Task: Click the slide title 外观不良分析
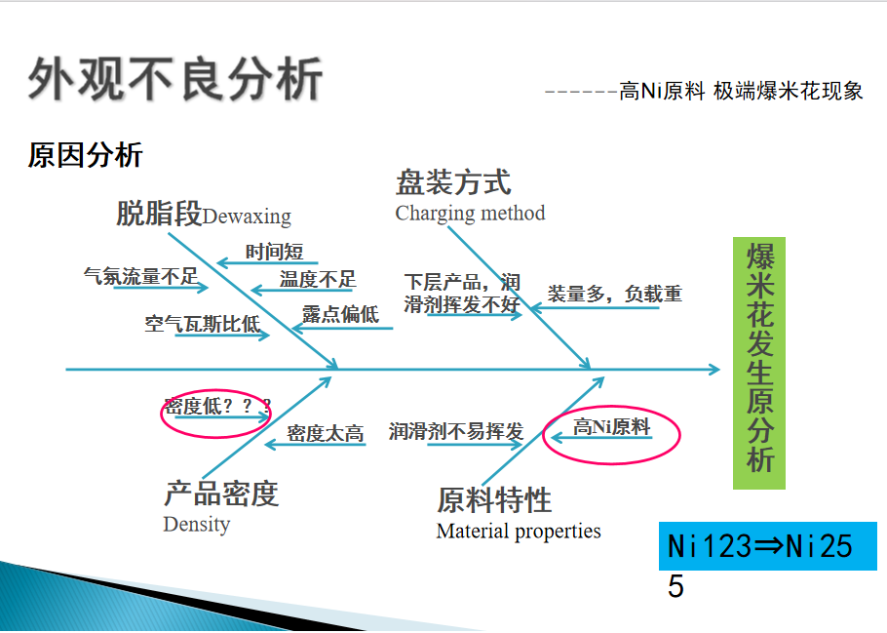coord(175,79)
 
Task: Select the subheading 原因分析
coord(85,155)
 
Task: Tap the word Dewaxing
coord(247,217)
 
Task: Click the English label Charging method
coord(470,214)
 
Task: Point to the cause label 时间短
coord(274,252)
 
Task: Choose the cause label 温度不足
coord(318,279)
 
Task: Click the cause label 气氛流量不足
coord(141,276)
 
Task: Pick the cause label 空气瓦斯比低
coord(202,323)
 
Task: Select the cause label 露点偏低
coord(340,314)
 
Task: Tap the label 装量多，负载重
coord(615,294)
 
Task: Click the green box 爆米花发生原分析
coord(759,363)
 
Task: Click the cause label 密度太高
coord(326,433)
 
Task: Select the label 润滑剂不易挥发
coord(456,431)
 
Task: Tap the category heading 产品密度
coord(221,494)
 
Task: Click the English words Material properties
coord(519,532)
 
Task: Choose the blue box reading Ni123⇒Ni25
coord(768,546)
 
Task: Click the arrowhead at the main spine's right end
coord(714,370)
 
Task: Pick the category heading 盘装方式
coord(453,182)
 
